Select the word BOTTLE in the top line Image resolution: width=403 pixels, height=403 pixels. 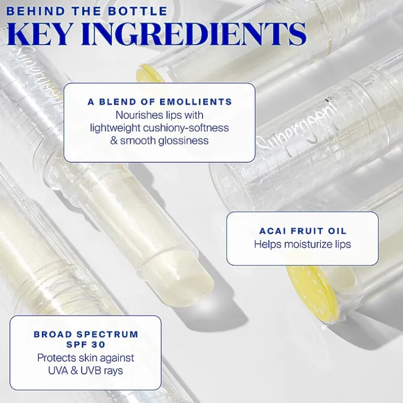138,11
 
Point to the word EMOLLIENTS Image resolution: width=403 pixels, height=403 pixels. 196,102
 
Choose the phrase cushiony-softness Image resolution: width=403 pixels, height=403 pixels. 186,128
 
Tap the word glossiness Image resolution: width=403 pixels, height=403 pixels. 184,141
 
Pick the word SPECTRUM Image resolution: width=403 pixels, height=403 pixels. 108,334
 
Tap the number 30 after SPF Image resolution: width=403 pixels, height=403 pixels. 98,344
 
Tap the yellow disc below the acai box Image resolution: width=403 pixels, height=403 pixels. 311,293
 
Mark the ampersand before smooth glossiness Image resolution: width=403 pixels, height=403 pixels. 114,141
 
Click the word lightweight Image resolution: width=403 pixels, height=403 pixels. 115,128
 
